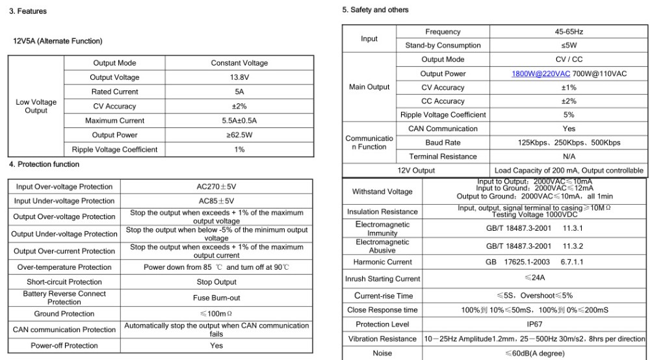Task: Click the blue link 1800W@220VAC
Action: (539, 73)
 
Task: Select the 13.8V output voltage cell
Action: (239, 77)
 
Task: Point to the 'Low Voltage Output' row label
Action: (36, 107)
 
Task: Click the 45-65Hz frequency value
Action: (569, 32)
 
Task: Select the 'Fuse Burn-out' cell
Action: (216, 298)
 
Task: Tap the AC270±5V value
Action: (216, 186)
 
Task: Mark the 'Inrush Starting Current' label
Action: (383, 279)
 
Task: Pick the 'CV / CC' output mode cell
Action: (569, 59)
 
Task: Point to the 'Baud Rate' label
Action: (443, 142)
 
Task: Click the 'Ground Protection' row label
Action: (64, 314)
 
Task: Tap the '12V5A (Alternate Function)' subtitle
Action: (58, 41)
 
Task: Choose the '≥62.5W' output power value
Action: (239, 135)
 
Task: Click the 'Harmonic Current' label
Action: (383, 262)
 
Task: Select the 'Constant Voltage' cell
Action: (239, 63)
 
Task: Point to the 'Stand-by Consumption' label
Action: (443, 45)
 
